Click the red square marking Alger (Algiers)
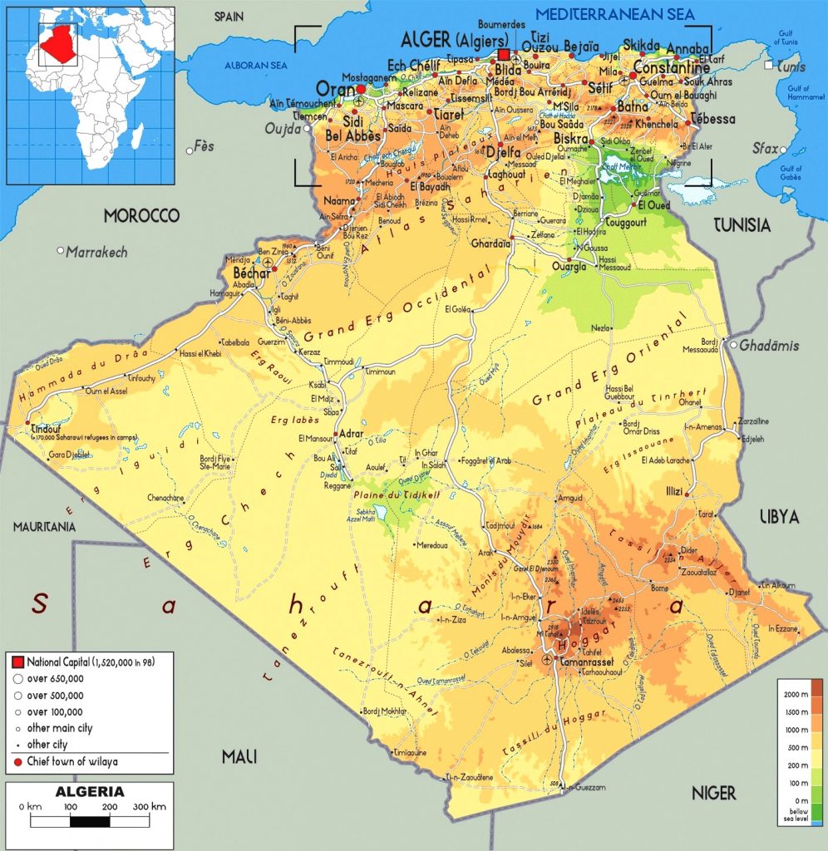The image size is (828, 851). pyautogui.click(x=503, y=55)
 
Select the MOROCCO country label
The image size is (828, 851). pyautogui.click(x=141, y=216)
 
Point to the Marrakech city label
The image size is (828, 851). pyautogui.click(x=96, y=251)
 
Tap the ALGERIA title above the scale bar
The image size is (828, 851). pyautogui.click(x=90, y=791)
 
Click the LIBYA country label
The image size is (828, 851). pyautogui.click(x=779, y=517)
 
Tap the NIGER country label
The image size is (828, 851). pyautogui.click(x=714, y=794)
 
